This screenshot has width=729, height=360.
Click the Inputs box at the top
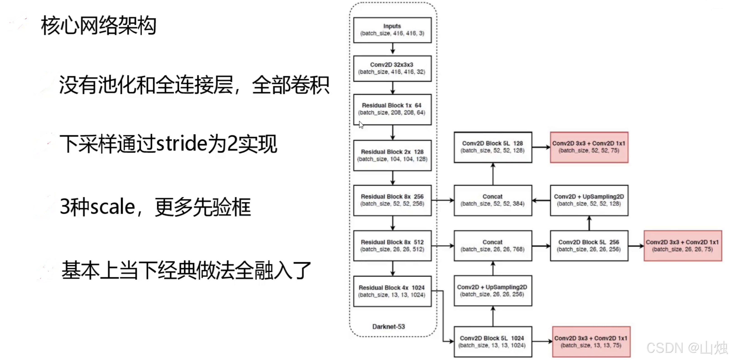click(392, 30)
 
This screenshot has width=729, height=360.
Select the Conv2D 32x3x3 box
click(392, 68)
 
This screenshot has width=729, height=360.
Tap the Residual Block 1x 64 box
click(392, 109)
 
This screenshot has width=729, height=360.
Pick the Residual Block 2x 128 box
click(392, 155)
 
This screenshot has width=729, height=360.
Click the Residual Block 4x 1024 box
click(392, 291)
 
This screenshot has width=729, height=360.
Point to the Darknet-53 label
click(389, 327)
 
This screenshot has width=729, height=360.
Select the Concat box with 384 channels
click(493, 200)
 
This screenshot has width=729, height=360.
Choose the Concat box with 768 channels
click(493, 246)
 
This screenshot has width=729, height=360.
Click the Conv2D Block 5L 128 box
click(493, 147)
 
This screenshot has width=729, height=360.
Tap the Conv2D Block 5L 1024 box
click(493, 342)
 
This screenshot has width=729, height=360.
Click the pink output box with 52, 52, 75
click(589, 147)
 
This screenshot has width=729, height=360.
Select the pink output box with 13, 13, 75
click(591, 342)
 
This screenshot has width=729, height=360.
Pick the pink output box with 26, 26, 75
click(683, 246)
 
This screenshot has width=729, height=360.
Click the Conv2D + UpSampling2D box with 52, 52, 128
click(589, 200)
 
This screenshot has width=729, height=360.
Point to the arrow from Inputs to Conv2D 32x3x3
click(393, 49)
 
